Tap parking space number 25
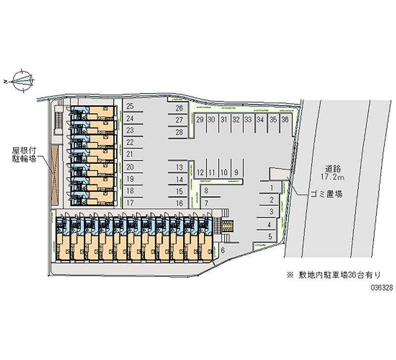tap(130, 106)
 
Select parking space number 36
tap(285, 120)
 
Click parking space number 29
tap(199, 120)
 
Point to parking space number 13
tap(180, 167)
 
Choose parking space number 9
tap(237, 172)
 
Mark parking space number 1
tap(272, 188)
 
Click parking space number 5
tap(269, 236)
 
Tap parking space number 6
tap(223, 251)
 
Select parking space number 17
tap(130, 203)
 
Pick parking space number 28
tap(180, 132)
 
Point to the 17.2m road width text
tap(335, 176)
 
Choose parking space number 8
tap(206, 191)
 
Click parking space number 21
tap(130, 154)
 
